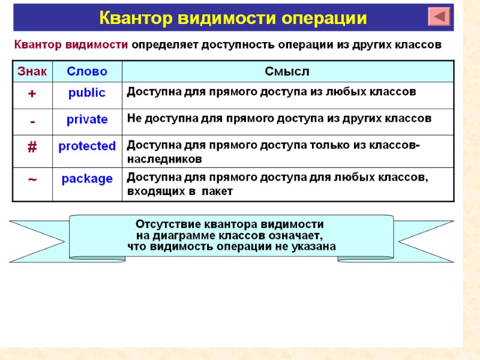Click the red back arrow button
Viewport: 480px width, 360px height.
[x=439, y=16]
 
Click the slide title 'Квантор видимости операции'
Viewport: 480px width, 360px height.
[x=233, y=18]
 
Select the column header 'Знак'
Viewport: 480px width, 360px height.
[x=32, y=72]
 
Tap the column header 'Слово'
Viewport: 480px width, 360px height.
[x=87, y=72]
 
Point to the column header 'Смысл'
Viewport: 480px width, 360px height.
[x=287, y=72]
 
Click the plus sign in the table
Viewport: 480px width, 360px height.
[x=32, y=94]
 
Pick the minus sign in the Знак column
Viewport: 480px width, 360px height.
[x=32, y=122]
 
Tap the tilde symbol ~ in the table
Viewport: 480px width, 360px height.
[x=32, y=179]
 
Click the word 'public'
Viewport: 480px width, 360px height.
[x=87, y=93]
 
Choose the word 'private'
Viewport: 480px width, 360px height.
[x=87, y=119]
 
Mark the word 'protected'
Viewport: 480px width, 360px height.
[x=87, y=146]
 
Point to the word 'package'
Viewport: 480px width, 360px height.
[x=87, y=179]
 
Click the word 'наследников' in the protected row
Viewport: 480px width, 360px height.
[x=164, y=159]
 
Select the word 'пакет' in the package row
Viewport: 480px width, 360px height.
[x=217, y=191]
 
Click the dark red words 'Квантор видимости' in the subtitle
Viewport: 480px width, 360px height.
[x=71, y=45]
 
